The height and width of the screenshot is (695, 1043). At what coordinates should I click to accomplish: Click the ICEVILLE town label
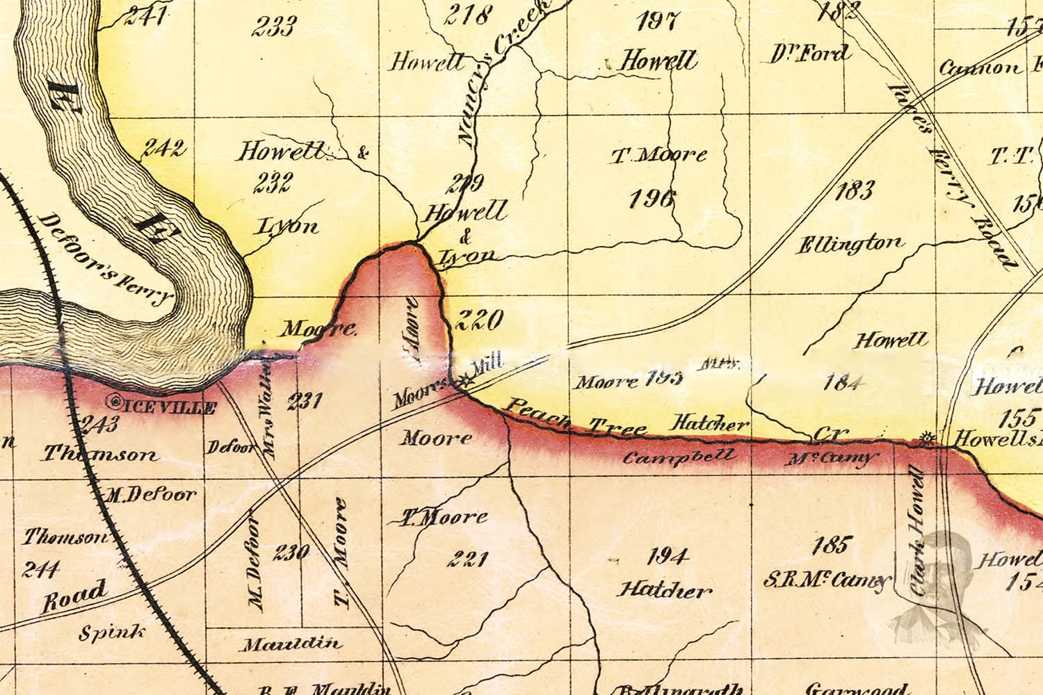[x=170, y=407]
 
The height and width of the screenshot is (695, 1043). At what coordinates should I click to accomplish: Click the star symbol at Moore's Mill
[x=466, y=380]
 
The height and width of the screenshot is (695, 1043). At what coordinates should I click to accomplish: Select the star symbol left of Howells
[x=925, y=438]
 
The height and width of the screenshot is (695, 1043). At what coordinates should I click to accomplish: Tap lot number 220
[x=478, y=320]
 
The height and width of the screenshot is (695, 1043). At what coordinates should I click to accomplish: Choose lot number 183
[x=853, y=190]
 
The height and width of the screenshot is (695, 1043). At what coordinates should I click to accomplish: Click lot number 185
[x=831, y=544]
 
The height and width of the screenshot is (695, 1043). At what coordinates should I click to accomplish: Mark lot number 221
[x=467, y=558]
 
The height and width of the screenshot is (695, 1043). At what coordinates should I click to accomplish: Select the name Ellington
[x=850, y=245]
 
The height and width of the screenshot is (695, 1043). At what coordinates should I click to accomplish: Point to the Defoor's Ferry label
[x=105, y=259]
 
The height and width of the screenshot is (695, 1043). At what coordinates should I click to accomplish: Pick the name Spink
[x=112, y=632]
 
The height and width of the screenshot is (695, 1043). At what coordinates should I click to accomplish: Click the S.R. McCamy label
[x=827, y=580]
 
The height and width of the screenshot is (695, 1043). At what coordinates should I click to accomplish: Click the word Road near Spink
[x=75, y=596]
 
